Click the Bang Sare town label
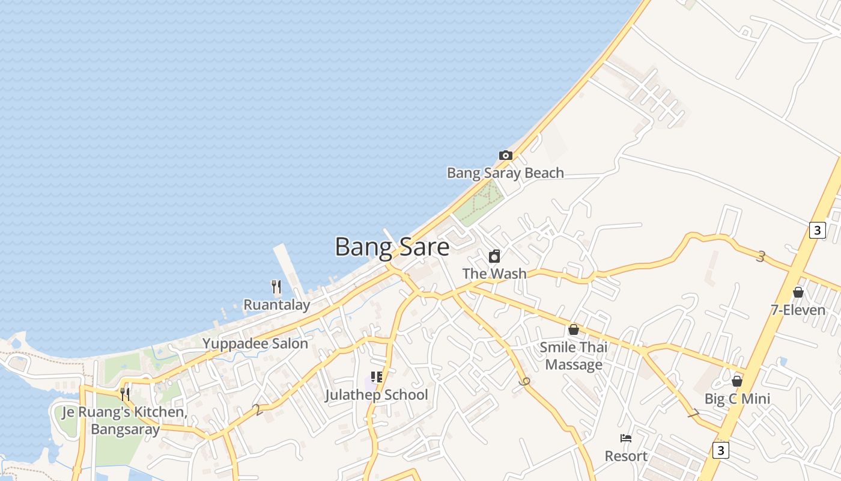click(392, 247)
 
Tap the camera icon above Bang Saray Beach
click(506, 155)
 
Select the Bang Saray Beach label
click(505, 173)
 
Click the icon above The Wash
click(494, 256)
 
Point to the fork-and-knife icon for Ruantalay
click(276, 287)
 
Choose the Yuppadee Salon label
click(255, 343)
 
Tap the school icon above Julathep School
click(377, 377)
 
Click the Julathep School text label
click(377, 395)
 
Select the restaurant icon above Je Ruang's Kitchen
click(125, 394)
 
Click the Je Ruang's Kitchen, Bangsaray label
click(125, 421)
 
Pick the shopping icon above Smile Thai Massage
click(574, 329)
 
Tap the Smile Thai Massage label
click(574, 356)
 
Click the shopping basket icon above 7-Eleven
click(798, 292)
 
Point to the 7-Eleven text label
click(798, 310)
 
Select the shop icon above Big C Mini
click(737, 381)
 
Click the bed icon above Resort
click(626, 438)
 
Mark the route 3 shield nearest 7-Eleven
click(817, 230)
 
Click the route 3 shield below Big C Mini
click(721, 450)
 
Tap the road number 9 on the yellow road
click(526, 382)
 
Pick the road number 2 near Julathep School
click(258, 410)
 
